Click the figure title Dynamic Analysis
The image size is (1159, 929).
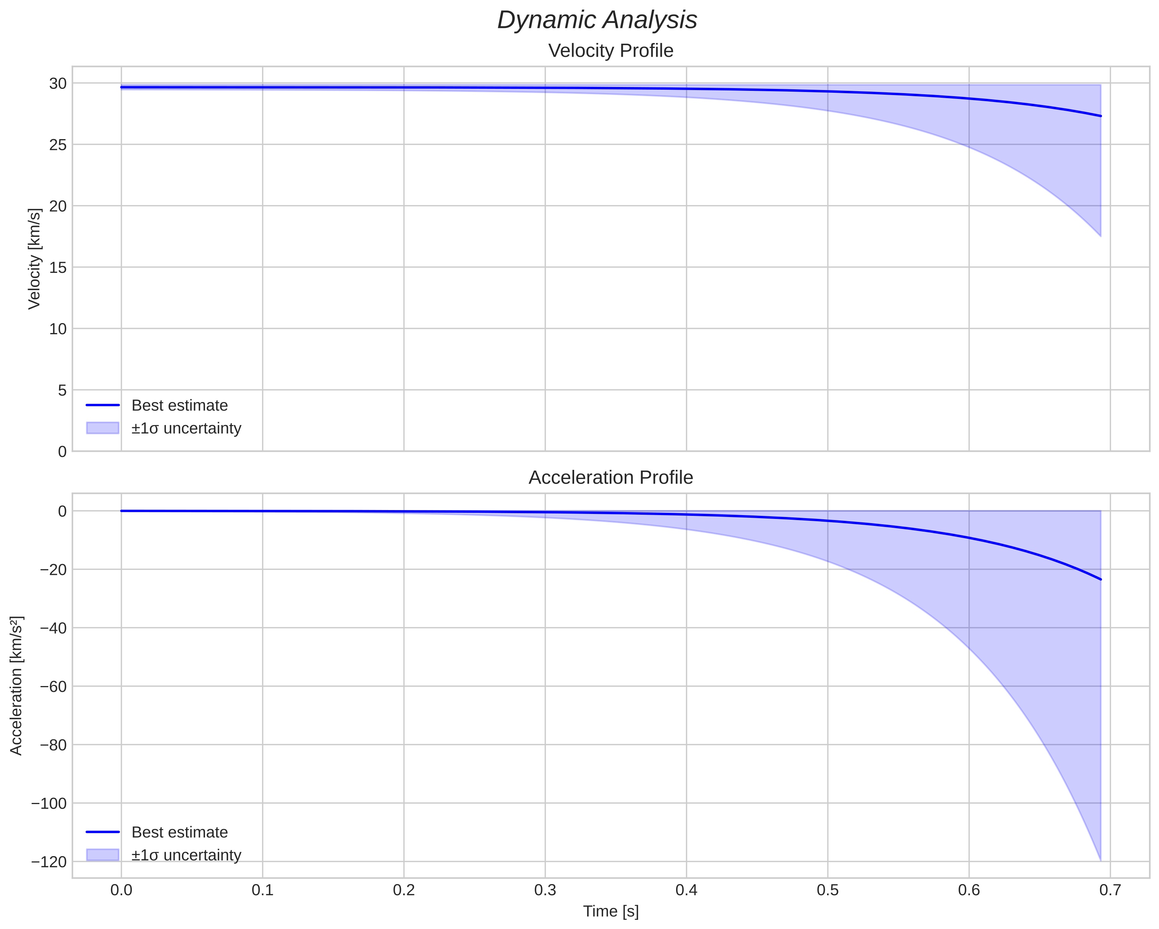coord(597,20)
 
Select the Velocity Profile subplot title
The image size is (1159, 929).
coord(611,51)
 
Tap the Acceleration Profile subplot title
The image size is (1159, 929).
coord(611,478)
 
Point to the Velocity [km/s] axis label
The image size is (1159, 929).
coord(34,259)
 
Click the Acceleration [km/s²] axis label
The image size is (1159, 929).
coord(16,686)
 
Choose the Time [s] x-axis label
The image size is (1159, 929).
coord(611,911)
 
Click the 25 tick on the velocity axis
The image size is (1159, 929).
coord(58,144)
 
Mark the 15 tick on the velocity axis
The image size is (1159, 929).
coord(58,267)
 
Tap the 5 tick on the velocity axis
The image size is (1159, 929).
coord(62,390)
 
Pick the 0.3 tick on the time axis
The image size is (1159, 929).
coord(545,890)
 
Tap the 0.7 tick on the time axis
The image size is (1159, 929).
coord(1110,890)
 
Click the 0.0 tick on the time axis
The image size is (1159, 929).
coord(121,890)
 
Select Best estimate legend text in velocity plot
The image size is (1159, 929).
coord(179,405)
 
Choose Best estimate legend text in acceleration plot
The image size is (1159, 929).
coord(179,832)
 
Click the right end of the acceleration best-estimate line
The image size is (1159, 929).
coord(1100,579)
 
